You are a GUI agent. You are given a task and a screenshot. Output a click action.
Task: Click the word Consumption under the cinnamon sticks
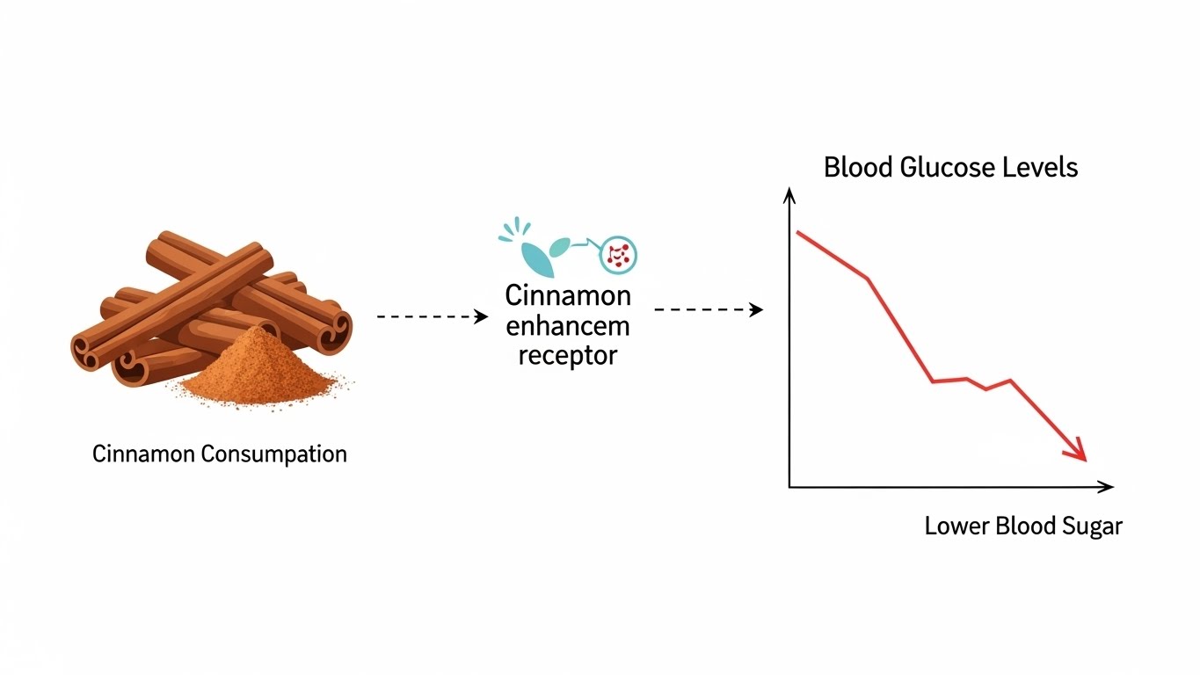click(x=273, y=454)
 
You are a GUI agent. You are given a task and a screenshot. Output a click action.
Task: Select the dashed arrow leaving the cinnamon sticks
click(x=432, y=316)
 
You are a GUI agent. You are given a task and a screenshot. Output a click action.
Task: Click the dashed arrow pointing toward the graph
click(x=709, y=309)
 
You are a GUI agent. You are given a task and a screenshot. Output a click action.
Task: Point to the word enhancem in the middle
click(x=568, y=326)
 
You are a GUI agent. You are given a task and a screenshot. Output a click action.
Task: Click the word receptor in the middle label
click(x=568, y=355)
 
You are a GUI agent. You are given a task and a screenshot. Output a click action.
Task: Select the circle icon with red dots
click(x=618, y=255)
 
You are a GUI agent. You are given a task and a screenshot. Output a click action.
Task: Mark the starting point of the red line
click(x=797, y=232)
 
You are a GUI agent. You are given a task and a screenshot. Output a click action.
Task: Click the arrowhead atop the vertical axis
click(x=789, y=195)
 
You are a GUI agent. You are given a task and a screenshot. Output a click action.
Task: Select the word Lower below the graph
click(x=956, y=526)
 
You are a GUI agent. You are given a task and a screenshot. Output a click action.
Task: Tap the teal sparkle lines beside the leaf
click(x=511, y=230)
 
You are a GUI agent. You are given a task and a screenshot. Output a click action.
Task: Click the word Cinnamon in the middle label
click(x=568, y=294)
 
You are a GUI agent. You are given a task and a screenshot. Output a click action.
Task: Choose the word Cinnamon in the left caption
click(x=143, y=454)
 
